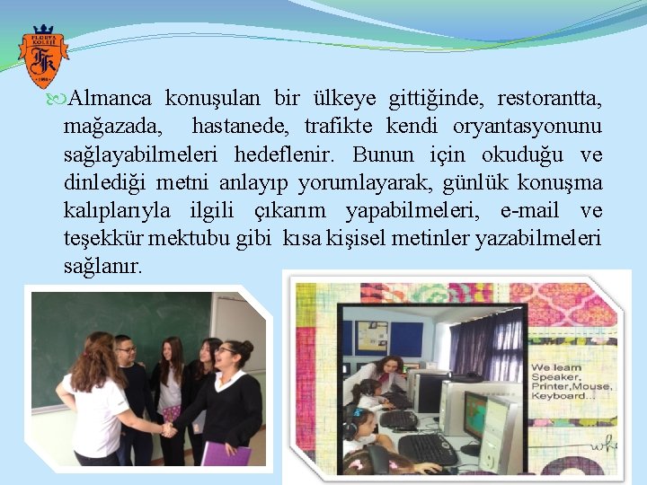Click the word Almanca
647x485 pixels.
pyautogui.click(x=113, y=97)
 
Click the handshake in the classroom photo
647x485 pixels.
pyautogui.click(x=168, y=429)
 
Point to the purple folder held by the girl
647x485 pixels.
pyautogui.click(x=226, y=454)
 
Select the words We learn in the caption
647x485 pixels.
pyautogui.click(x=555, y=368)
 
